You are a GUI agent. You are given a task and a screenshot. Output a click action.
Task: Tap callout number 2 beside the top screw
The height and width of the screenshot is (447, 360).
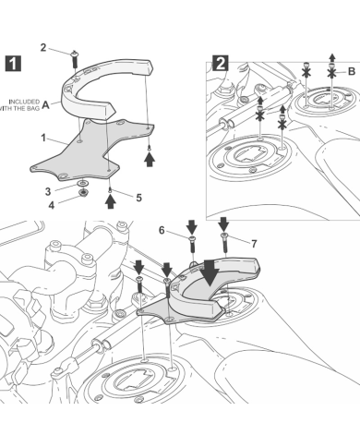[43, 46]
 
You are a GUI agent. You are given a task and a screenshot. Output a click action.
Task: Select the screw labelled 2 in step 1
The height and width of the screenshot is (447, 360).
[74, 58]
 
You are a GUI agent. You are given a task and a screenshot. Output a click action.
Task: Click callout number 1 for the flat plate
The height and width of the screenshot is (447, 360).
[43, 138]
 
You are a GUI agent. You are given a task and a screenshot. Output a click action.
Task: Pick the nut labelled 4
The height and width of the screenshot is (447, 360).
[83, 195]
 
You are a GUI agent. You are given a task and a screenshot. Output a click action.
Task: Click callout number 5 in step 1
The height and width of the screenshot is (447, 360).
[138, 197]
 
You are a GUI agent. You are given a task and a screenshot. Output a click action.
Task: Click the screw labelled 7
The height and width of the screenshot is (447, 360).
[224, 241]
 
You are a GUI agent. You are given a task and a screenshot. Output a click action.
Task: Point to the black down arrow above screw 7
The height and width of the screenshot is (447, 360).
[223, 224]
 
